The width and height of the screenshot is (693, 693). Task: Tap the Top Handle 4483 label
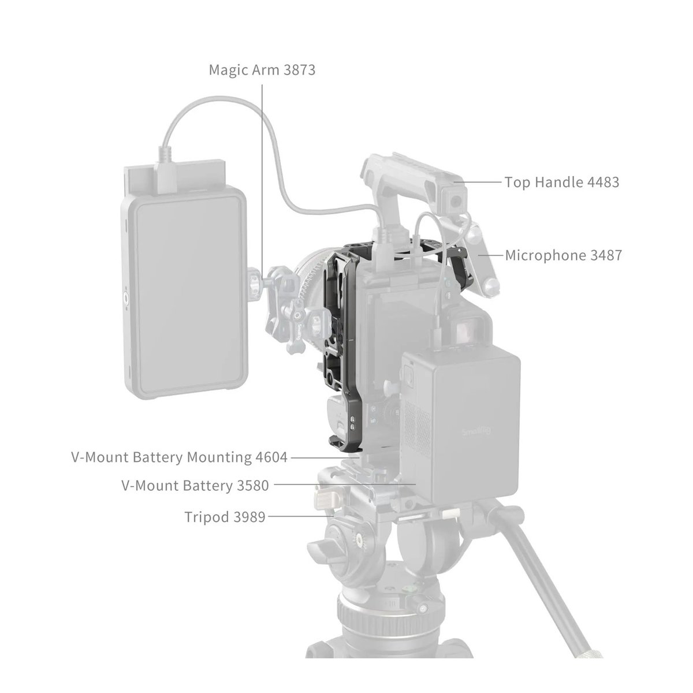pyautogui.click(x=561, y=182)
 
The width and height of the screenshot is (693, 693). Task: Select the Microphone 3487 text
pyautogui.click(x=563, y=255)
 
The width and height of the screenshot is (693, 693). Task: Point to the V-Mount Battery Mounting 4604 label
pyautogui.click(x=179, y=457)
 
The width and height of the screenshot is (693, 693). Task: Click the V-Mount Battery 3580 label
pyautogui.click(x=195, y=486)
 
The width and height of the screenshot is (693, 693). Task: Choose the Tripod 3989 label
pyautogui.click(x=225, y=516)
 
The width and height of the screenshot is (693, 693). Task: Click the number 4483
pyautogui.click(x=602, y=182)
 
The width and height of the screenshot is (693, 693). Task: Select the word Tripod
pyautogui.click(x=204, y=516)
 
